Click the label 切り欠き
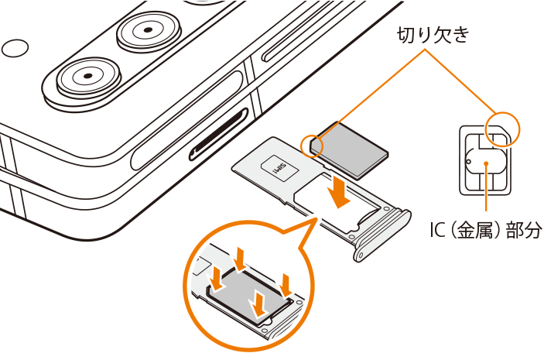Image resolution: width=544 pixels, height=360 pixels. click(433, 35)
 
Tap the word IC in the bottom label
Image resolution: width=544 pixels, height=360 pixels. click(437, 230)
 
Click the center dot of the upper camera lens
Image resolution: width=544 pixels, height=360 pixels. click(148, 30)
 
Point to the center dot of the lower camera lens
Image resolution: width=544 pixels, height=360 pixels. click(88, 76)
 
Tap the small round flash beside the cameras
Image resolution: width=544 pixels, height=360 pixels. click(15, 48)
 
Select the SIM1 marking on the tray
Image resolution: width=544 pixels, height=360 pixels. click(279, 168)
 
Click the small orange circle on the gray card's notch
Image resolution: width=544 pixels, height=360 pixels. click(313, 146)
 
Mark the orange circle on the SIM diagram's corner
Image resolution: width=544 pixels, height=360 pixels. click(503, 129)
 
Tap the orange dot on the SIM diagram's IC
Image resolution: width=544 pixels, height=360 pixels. click(487, 163)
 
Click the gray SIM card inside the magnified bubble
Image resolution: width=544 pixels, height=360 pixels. click(248, 293)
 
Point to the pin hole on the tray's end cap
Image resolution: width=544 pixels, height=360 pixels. click(361, 255)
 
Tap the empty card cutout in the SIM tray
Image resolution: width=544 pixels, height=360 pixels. click(338, 205)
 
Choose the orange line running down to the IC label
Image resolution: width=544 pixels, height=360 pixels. click(487, 187)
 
